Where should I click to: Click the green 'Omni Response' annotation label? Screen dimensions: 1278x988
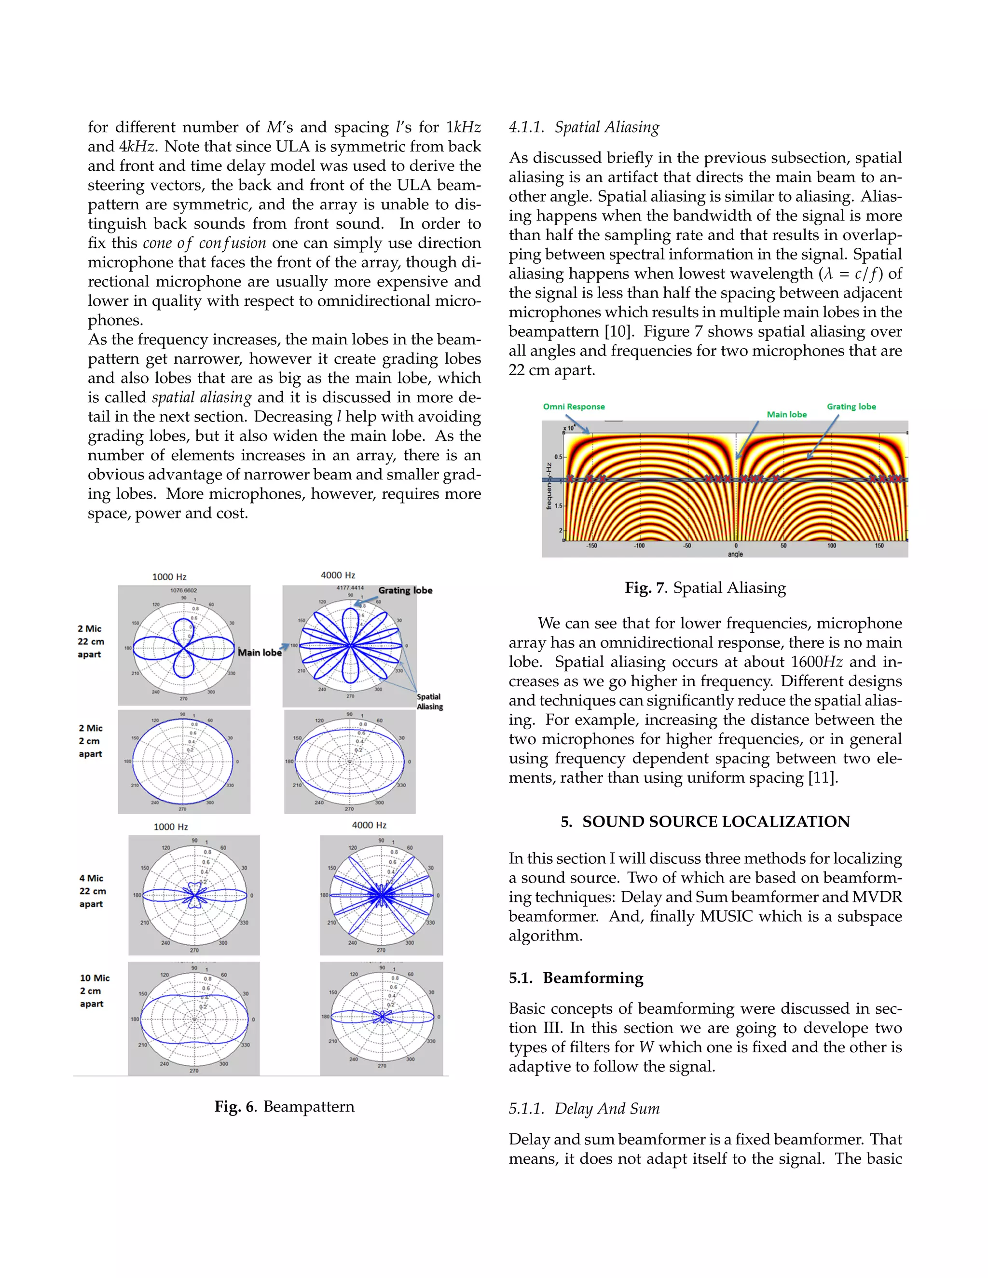[574, 407]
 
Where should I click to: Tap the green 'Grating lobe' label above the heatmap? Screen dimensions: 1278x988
[851, 407]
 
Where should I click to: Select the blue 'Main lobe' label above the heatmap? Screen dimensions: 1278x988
[787, 414]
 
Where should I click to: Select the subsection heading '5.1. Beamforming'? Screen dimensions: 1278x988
[576, 978]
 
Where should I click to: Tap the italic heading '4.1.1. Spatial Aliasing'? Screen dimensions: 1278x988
[584, 127]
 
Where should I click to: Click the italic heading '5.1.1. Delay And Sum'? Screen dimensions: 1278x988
[584, 1108]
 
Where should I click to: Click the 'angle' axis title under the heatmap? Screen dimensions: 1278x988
[735, 554]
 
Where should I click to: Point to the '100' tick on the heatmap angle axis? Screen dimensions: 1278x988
[831, 545]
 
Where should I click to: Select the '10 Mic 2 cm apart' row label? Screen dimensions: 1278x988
[94, 990]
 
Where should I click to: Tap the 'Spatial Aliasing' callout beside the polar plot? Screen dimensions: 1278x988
[430, 702]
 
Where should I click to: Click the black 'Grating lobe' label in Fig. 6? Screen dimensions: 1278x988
[405, 590]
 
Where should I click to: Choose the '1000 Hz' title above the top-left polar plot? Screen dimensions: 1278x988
[169, 577]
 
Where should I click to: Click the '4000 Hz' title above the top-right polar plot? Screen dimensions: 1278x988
[338, 575]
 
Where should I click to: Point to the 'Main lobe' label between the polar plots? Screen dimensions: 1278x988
[259, 653]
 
